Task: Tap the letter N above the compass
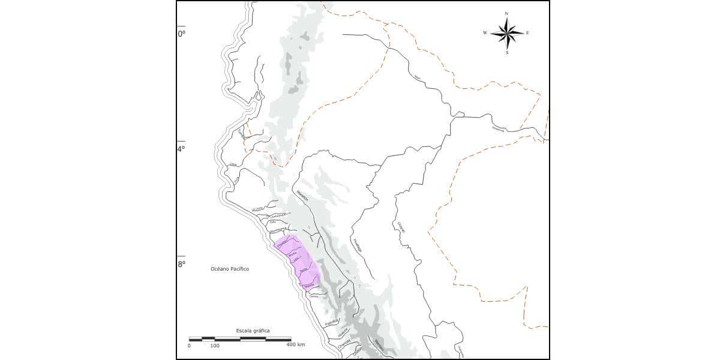coord(507,13)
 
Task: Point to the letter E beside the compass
coord(527,33)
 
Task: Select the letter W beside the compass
coord(485,33)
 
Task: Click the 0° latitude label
coord(181,34)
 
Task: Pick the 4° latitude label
coord(181,149)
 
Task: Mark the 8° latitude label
coord(181,263)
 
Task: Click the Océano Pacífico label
coord(230,269)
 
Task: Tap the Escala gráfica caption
coord(253,331)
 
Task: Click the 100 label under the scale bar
coord(215,346)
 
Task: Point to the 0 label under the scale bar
coord(190,346)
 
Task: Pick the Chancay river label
coord(344,345)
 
